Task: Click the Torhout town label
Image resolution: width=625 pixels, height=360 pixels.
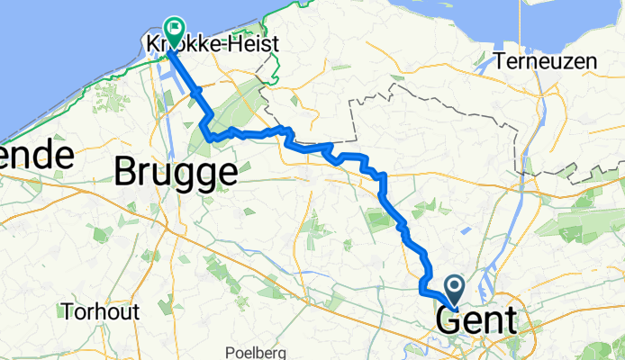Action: pos(101,312)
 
